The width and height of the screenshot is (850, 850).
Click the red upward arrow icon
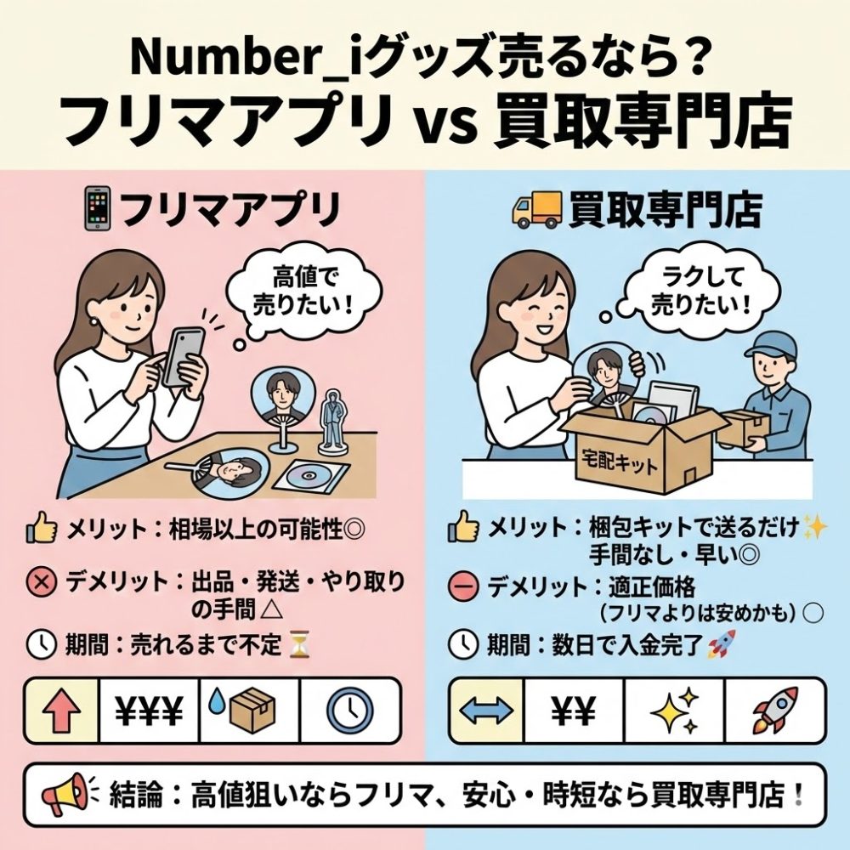(x=62, y=710)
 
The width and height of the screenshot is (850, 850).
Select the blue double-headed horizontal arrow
(x=486, y=710)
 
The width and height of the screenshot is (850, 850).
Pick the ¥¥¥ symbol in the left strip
(x=149, y=710)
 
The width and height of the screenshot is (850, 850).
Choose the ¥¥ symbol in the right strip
(x=574, y=710)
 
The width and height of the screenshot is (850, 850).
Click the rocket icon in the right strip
(x=775, y=709)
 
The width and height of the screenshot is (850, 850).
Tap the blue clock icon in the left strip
(x=350, y=710)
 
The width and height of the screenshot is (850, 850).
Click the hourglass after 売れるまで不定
(x=298, y=644)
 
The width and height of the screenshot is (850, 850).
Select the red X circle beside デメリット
(x=41, y=583)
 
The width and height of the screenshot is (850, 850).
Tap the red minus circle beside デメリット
(x=463, y=587)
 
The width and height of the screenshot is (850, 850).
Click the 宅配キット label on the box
(x=618, y=463)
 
